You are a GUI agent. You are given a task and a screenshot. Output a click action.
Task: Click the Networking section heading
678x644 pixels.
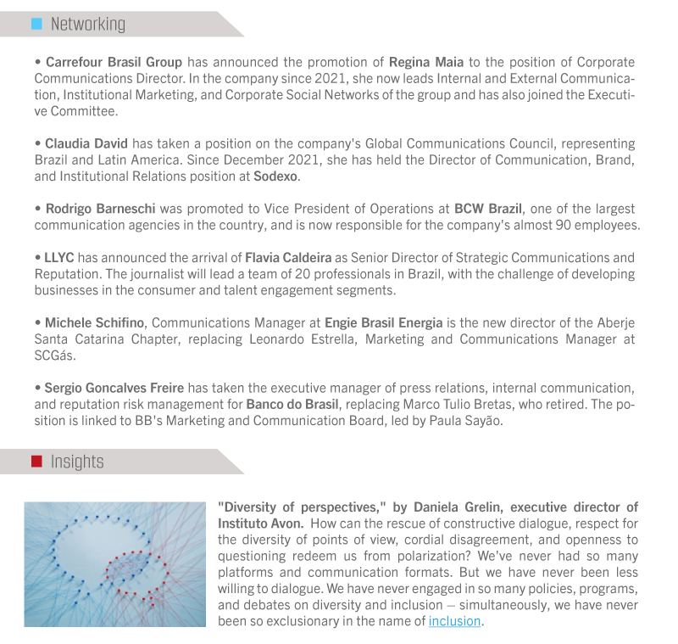(87, 24)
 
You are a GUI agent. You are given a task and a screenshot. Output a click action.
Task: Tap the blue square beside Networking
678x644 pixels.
(36, 24)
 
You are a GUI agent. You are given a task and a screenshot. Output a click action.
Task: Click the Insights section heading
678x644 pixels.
(77, 462)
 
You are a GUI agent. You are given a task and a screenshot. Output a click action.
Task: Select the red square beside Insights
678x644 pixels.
(36, 462)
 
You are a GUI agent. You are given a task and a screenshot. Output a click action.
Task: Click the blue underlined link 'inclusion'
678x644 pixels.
(455, 621)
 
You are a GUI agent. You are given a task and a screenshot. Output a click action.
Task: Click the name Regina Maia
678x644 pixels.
(424, 62)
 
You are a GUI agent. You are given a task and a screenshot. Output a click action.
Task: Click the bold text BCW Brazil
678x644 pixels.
(488, 209)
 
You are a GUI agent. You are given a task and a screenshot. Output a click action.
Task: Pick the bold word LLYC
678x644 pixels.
(59, 257)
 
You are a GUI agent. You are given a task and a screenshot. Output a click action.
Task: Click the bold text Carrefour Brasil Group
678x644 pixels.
(114, 62)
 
